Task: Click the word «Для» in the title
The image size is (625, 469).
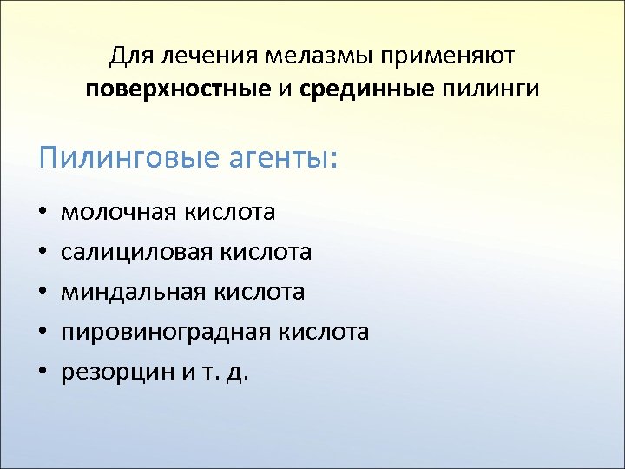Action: [128, 57]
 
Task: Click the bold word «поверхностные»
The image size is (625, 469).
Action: [178, 89]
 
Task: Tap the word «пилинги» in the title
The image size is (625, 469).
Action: [490, 89]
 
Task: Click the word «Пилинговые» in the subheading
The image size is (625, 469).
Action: [128, 160]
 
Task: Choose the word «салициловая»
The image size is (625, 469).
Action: [136, 252]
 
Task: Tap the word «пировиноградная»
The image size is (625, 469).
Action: [165, 332]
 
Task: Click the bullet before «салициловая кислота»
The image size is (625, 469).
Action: [43, 253]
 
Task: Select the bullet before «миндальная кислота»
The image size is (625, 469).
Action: [43, 293]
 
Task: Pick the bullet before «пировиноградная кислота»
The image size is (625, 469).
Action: [43, 333]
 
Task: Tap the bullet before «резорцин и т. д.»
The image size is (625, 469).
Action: [43, 373]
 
